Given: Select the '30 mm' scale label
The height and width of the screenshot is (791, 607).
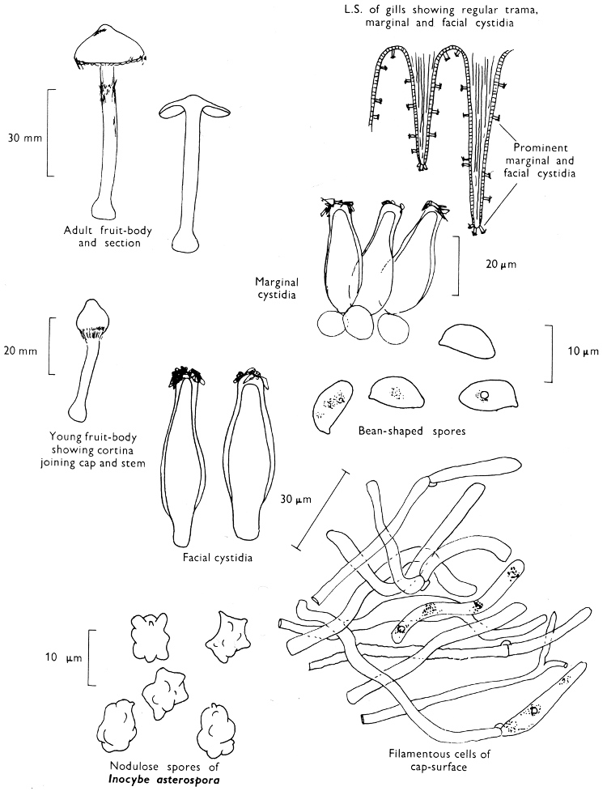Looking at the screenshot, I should click(22, 137).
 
